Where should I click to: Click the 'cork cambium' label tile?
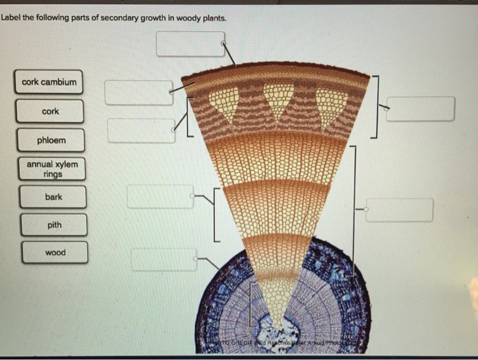point(49,83)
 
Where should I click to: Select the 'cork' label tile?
point(51,111)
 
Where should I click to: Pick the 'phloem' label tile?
point(52,141)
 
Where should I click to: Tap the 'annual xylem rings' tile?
point(52,169)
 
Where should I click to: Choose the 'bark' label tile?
point(53,197)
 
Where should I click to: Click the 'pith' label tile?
point(54,225)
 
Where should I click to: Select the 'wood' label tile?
point(55,253)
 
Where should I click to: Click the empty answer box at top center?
point(190,44)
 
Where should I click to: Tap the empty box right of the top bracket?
point(420,109)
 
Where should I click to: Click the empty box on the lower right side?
point(399,210)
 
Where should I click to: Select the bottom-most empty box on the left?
point(164,260)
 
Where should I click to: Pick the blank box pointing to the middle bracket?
point(160,197)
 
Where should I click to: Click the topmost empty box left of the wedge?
point(139,93)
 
